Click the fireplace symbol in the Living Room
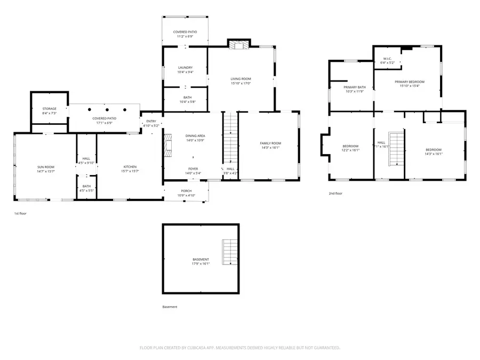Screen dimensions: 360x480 click(x=238, y=45)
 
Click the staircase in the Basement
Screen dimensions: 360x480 click(x=230, y=252)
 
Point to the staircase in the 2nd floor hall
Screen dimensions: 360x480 click(x=396, y=148)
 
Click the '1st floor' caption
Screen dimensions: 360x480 click(x=20, y=213)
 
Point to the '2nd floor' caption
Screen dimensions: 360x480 click(x=335, y=194)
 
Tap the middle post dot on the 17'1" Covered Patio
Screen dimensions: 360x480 click(x=107, y=109)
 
